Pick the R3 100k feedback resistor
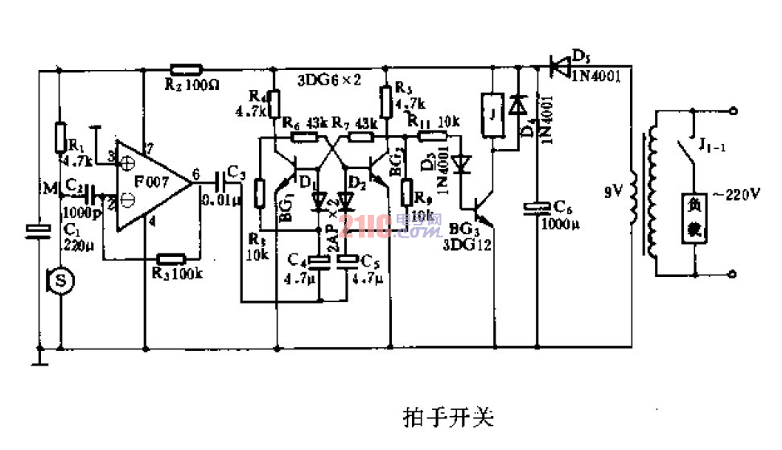click(x=171, y=259)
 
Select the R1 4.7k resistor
click(x=59, y=136)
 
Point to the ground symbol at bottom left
click(x=38, y=357)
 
